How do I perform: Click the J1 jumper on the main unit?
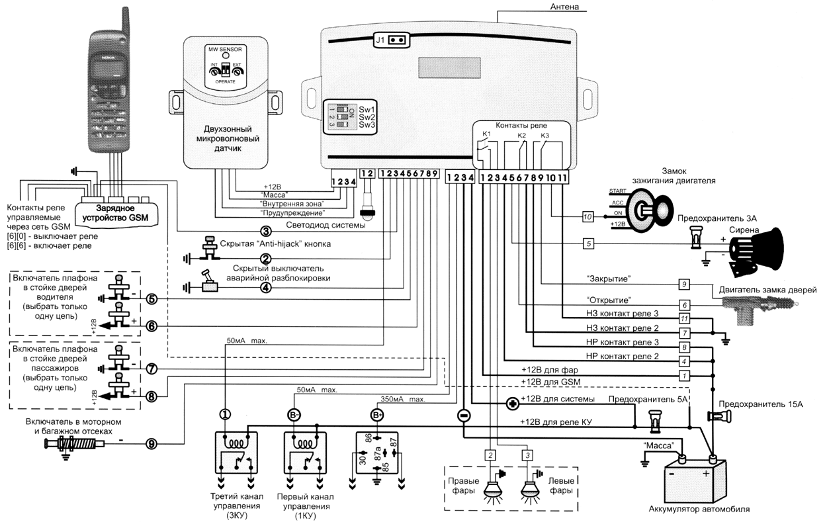click(x=390, y=40)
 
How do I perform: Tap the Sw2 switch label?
click(x=368, y=116)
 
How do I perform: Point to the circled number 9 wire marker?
click(x=152, y=444)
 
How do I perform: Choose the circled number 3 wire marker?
click(x=265, y=231)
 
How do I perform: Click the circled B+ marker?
click(x=377, y=416)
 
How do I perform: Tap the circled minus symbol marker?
click(x=464, y=416)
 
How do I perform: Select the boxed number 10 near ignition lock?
click(x=588, y=216)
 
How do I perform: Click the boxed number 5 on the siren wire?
click(x=588, y=243)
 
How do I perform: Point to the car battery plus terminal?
click(x=714, y=459)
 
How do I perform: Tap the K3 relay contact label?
click(x=544, y=136)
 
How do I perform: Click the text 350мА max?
click(x=392, y=400)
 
